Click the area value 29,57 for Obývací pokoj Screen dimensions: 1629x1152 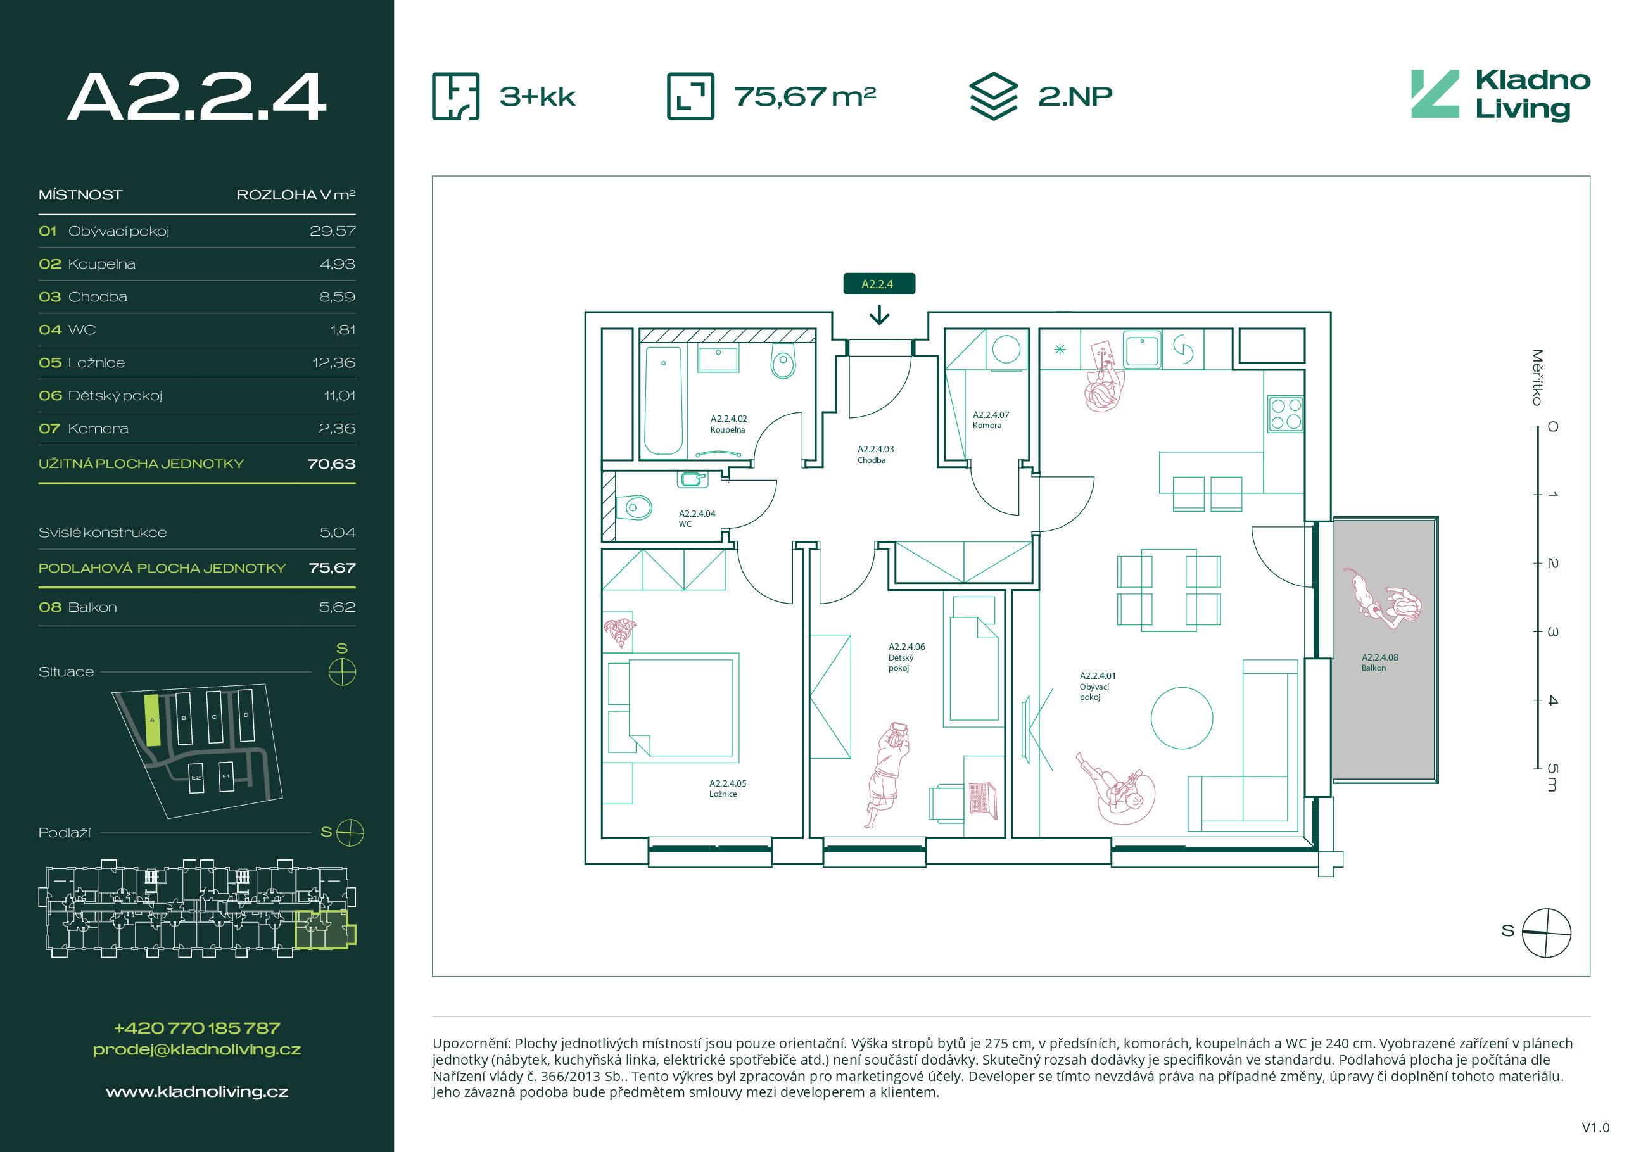(332, 231)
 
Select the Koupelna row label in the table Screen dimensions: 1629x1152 (101, 264)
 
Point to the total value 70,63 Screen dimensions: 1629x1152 (331, 464)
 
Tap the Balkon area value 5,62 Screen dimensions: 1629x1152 (337, 607)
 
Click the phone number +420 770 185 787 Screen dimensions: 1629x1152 (197, 1028)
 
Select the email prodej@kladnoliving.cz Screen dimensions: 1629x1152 (197, 1049)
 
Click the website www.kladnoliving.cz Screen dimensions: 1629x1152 (197, 1092)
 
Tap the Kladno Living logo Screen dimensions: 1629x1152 (1500, 95)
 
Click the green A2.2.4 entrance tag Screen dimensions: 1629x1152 (879, 284)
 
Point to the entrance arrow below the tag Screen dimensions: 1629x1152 (879, 315)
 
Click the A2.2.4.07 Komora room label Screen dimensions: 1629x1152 (991, 420)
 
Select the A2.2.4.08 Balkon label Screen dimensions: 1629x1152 (1379, 662)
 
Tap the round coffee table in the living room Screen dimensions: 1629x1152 (1181, 718)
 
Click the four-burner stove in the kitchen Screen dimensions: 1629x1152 (1286, 414)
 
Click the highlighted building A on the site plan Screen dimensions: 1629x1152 (153, 720)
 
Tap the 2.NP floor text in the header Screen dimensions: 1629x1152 (1075, 96)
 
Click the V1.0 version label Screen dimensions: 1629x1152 (1595, 1128)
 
